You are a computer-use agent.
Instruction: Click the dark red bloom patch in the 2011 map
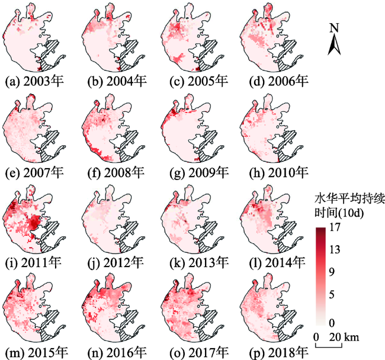click(34, 223)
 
